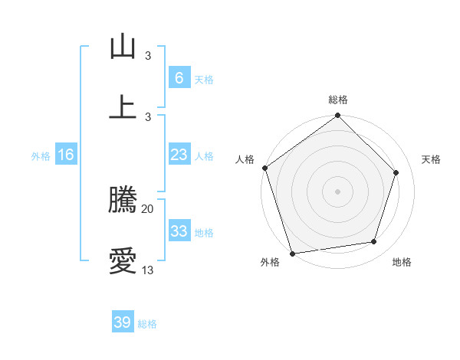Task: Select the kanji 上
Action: pyautogui.click(x=123, y=106)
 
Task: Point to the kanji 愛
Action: pyautogui.click(x=123, y=260)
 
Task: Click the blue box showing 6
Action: pyautogui.click(x=179, y=77)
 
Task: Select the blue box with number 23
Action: pyautogui.click(x=179, y=155)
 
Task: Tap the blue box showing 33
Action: pyautogui.click(x=179, y=231)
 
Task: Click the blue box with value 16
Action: pyautogui.click(x=65, y=155)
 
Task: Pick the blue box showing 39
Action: pyautogui.click(x=122, y=322)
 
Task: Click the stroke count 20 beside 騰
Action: pyautogui.click(x=148, y=208)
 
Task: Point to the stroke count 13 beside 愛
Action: pyautogui.click(x=148, y=270)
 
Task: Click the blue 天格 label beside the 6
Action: pyautogui.click(x=204, y=79)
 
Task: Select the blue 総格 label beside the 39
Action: pyautogui.click(x=147, y=324)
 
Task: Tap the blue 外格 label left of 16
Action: pyautogui.click(x=40, y=156)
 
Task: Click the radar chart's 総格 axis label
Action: pyautogui.click(x=338, y=100)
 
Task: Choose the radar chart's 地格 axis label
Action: pyautogui.click(x=402, y=263)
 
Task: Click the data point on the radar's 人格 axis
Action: pyautogui.click(x=264, y=168)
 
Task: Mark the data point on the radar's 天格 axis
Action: pyautogui.click(x=396, y=172)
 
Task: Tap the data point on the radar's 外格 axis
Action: pyautogui.click(x=292, y=253)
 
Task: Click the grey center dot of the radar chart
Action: pyautogui.click(x=337, y=191)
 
